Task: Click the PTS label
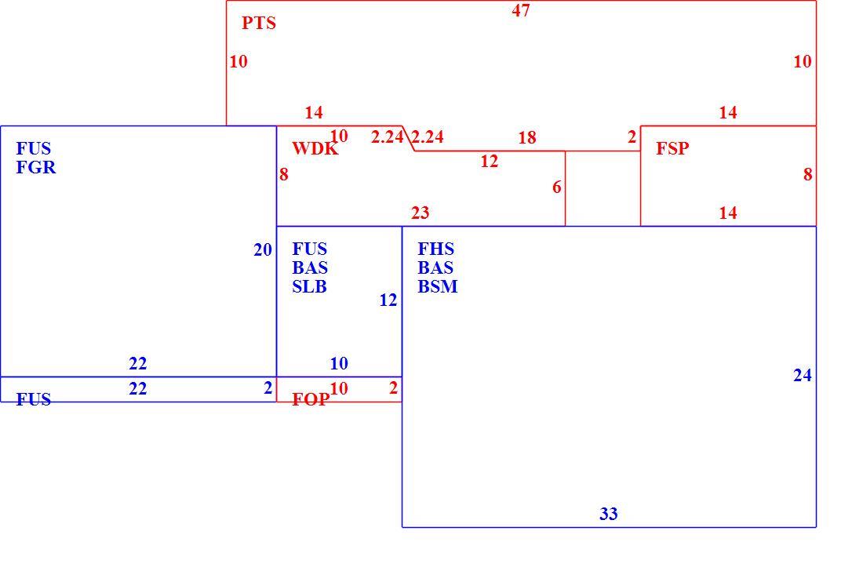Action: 259,23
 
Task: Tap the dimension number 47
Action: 521,10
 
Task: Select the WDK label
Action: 315,148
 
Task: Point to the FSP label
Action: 672,148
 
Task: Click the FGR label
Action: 36,167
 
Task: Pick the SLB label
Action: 309,286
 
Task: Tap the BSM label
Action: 438,286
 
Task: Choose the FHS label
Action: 436,249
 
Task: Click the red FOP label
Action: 311,399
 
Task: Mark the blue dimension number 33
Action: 608,514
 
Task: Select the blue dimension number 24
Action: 802,375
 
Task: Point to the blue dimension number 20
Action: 263,250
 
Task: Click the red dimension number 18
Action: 526,137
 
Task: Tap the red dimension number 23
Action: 420,213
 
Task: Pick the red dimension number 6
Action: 557,187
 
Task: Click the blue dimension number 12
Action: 388,300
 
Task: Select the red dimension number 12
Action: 489,161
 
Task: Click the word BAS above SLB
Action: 310,268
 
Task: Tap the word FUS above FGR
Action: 34,148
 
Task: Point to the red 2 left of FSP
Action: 632,137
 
